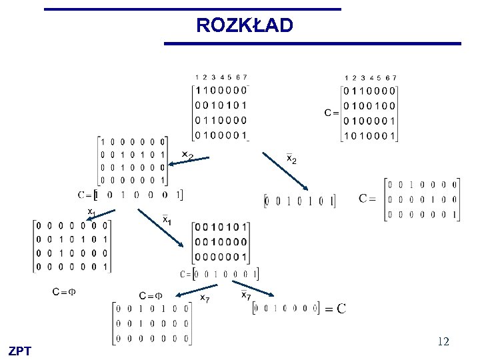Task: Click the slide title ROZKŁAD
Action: coord(244,26)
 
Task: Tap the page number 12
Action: coord(443,341)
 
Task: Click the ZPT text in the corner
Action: coord(20,351)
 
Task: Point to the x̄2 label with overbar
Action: coord(291,159)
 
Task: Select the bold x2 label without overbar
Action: coord(188,155)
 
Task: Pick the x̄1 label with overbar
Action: coord(167,219)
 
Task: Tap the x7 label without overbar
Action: coord(205,298)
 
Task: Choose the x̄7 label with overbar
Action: coord(246,295)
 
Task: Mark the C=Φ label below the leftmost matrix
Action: coord(64,292)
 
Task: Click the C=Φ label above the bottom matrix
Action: coord(151,295)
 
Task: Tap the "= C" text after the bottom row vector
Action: coord(335,308)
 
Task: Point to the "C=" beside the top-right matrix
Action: coord(331,113)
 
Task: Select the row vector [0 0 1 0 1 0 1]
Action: coord(300,200)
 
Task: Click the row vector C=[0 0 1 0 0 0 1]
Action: coord(219,274)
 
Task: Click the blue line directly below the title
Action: coord(312,44)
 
